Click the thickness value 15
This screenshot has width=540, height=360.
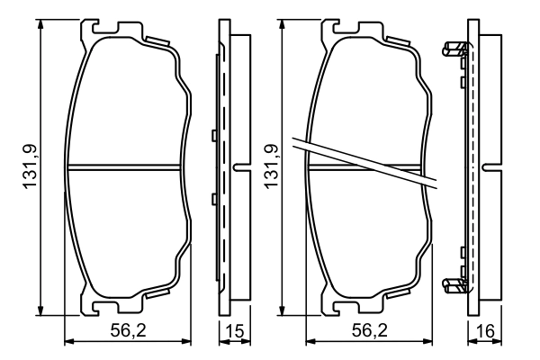click(x=234, y=331)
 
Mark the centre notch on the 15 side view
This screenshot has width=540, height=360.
click(x=238, y=166)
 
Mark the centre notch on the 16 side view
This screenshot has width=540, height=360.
click(x=490, y=166)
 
